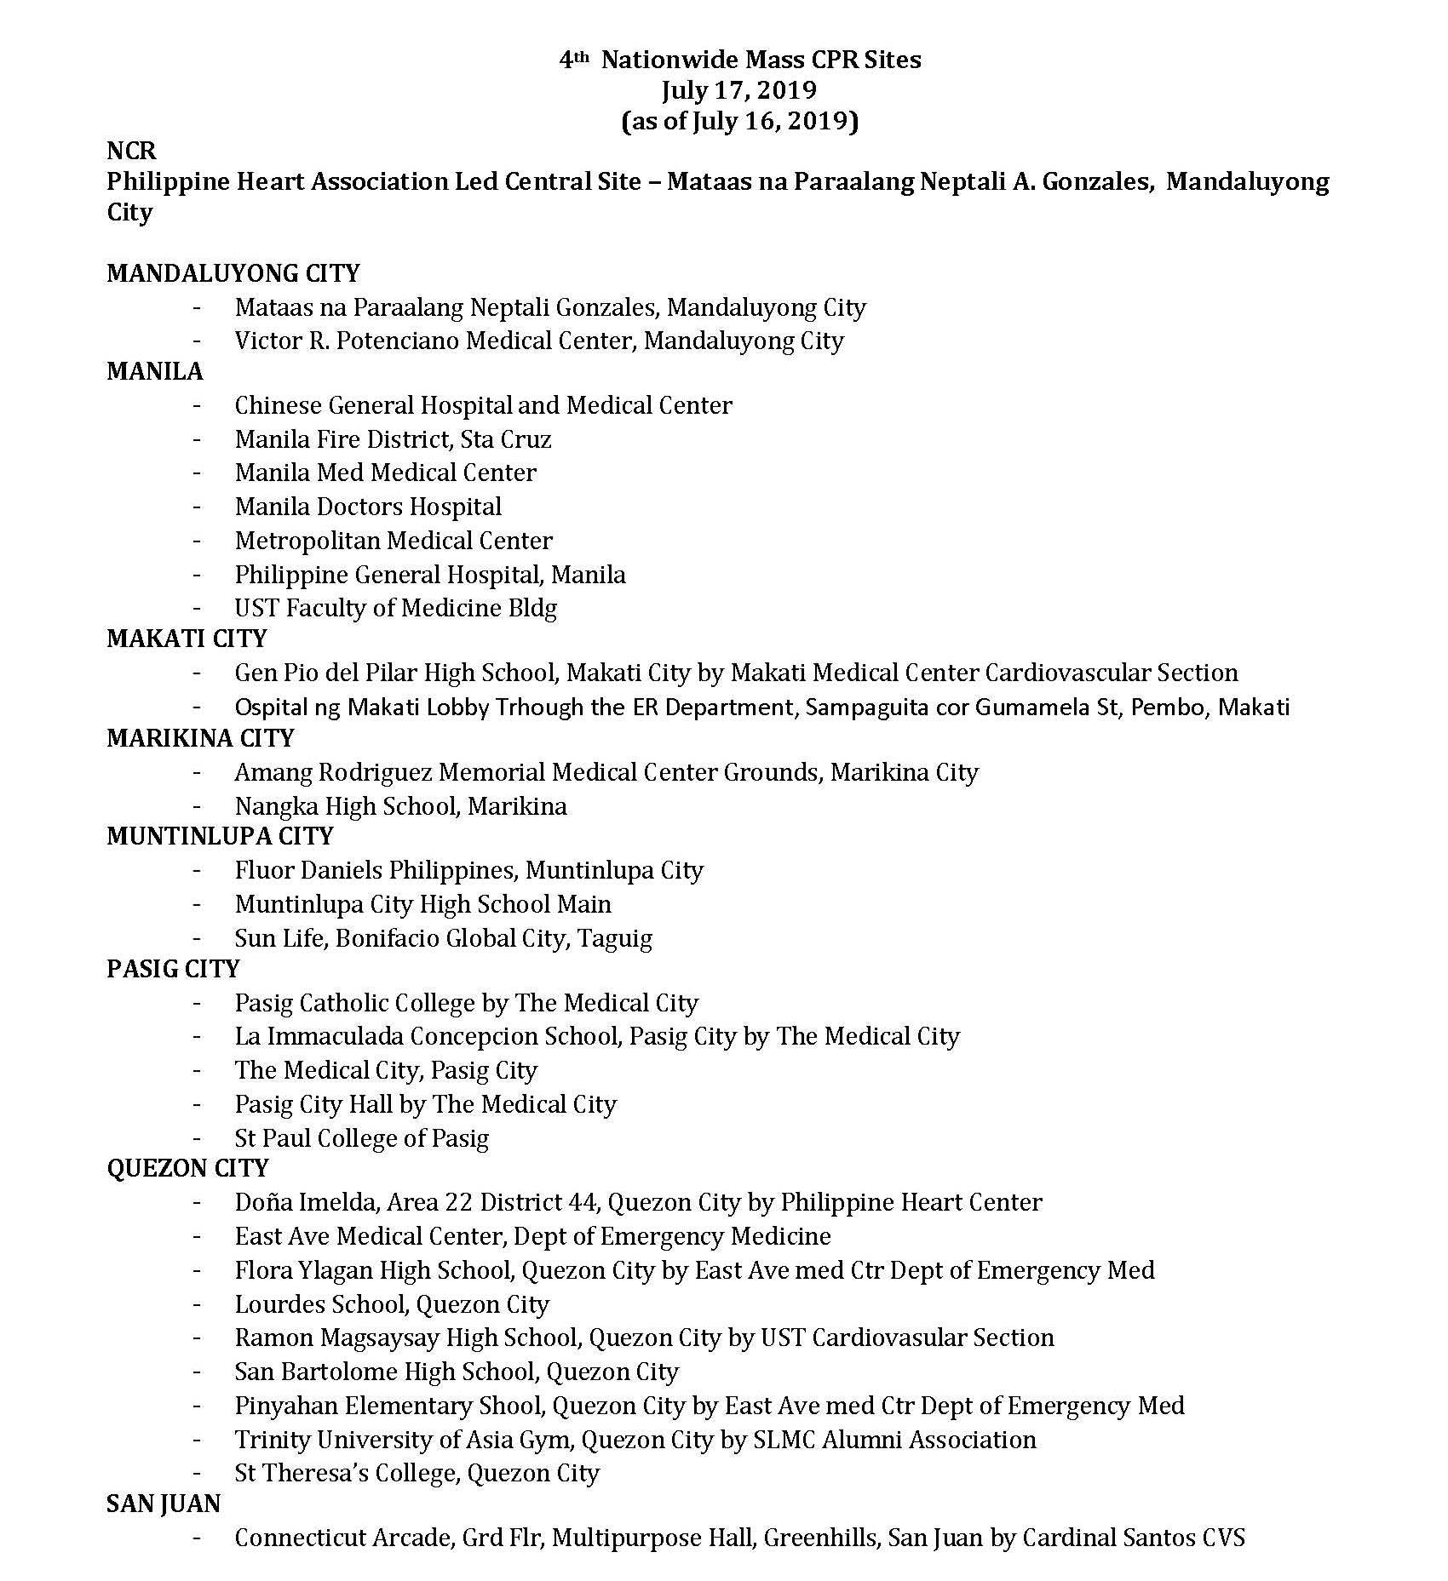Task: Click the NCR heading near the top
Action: click(131, 151)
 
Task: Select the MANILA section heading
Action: click(154, 371)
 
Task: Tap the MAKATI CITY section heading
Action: click(187, 639)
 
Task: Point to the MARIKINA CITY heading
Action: click(200, 738)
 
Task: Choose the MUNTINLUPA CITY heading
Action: click(220, 836)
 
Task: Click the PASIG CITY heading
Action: click(173, 969)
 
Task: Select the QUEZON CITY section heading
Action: click(187, 1168)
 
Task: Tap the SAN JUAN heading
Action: click(164, 1504)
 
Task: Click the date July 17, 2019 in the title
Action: click(739, 90)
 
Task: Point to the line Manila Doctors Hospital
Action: click(368, 507)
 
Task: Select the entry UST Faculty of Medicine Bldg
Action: click(396, 608)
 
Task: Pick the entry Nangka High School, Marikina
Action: click(400, 805)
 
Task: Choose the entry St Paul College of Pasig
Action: click(362, 1138)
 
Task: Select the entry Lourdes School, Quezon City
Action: click(392, 1304)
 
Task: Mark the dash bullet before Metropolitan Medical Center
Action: click(198, 541)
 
